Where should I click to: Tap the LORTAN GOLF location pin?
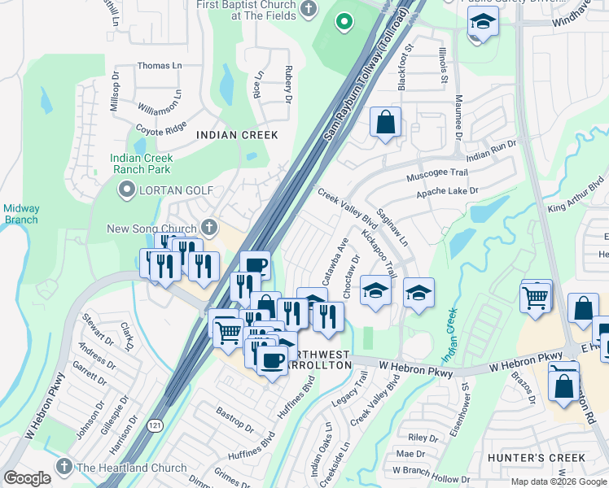(126, 190)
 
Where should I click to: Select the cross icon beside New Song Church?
(209, 228)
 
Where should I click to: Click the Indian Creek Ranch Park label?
(141, 163)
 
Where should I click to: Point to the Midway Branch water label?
(20, 214)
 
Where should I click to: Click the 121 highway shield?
(155, 425)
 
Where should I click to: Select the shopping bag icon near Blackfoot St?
(386, 123)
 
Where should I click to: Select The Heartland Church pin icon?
(64, 467)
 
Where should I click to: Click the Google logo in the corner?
(27, 478)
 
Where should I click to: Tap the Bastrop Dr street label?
(234, 418)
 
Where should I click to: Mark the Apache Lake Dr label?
(447, 191)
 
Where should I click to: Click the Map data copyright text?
(559, 481)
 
